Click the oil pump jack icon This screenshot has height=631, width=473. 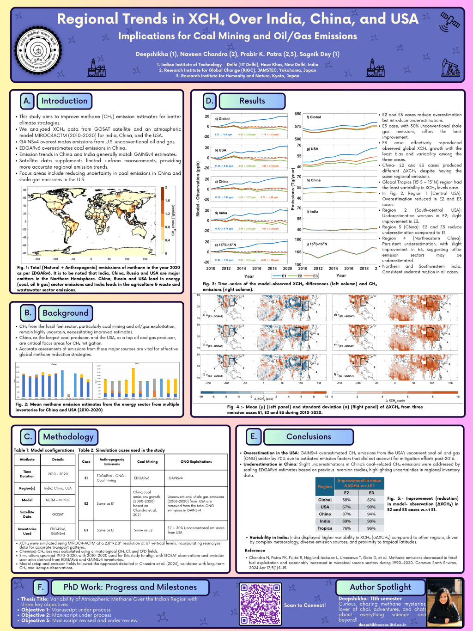point(450,67)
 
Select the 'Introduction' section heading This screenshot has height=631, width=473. point(64,101)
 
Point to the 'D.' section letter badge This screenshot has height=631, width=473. point(210,101)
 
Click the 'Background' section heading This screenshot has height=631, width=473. point(65,313)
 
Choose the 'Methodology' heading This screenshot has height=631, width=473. point(68,436)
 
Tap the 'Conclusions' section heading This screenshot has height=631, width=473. point(309,436)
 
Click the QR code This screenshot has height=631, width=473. point(261,604)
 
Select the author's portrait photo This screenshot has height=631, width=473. point(444,603)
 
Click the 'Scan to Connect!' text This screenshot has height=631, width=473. point(305,605)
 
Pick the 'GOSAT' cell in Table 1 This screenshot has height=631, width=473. point(58,514)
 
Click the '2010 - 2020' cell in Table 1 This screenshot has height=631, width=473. point(58,474)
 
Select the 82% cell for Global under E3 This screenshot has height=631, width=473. point(371,500)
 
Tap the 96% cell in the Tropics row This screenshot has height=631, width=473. point(371,528)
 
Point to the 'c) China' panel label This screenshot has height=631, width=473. point(221,182)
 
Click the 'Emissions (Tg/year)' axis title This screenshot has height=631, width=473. point(292,189)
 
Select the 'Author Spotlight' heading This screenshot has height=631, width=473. point(380,587)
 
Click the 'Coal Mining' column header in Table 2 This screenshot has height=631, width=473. point(147,461)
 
